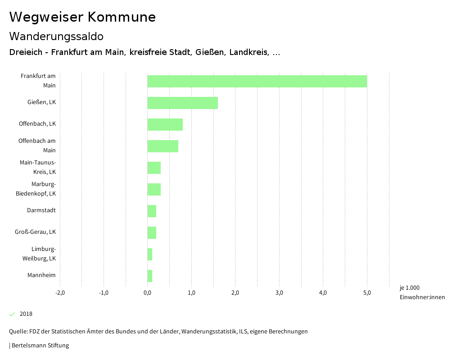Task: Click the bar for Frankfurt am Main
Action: pyautogui.click(x=257, y=81)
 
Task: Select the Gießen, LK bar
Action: pyautogui.click(x=182, y=103)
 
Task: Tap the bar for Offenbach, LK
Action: pyautogui.click(x=165, y=124)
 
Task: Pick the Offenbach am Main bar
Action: pyautogui.click(x=163, y=146)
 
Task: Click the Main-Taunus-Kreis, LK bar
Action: pyautogui.click(x=154, y=168)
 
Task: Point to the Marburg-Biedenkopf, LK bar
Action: pyautogui.click(x=154, y=189)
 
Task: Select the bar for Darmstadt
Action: pyautogui.click(x=152, y=211)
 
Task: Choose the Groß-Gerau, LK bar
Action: pyautogui.click(x=152, y=232)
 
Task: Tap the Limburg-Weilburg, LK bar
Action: pyautogui.click(x=150, y=254)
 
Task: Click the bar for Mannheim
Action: pyautogui.click(x=150, y=276)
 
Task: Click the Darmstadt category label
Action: pyautogui.click(x=41, y=210)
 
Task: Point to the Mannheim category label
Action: pyautogui.click(x=41, y=275)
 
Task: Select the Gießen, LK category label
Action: pyautogui.click(x=41, y=102)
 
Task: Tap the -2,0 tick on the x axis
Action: pyautogui.click(x=60, y=293)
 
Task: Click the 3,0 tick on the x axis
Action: pyautogui.click(x=279, y=293)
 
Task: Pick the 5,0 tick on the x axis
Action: pyautogui.click(x=367, y=293)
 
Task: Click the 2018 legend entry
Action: pyautogui.click(x=26, y=314)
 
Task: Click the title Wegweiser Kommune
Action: pyautogui.click(x=82, y=17)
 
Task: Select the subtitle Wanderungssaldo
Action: pyautogui.click(x=56, y=36)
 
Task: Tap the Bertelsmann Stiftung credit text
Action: pyautogui.click(x=40, y=346)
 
